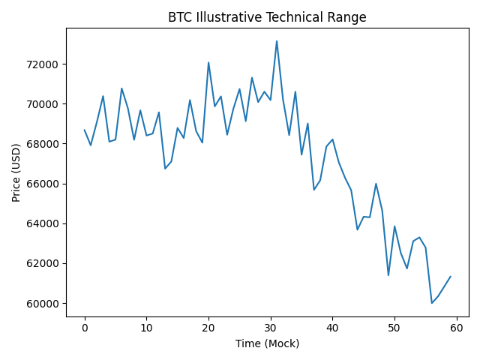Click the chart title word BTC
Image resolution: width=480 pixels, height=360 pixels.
pos(179,17)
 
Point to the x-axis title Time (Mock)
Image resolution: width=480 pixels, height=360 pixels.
pos(267,343)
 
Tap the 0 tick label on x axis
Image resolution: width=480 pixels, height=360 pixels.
pos(85,328)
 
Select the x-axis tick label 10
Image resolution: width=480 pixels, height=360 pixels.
pos(146,328)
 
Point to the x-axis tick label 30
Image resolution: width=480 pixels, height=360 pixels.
pos(270,328)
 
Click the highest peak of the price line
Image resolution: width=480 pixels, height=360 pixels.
pos(277,41)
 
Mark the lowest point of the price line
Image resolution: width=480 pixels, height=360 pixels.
pos(432,303)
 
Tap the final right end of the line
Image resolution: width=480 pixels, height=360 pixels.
pos(451,276)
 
